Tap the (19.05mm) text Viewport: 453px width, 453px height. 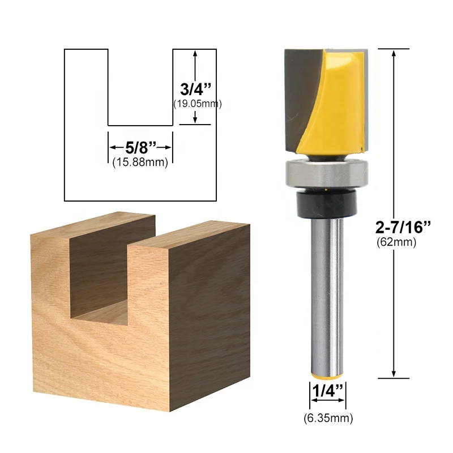click(x=196, y=104)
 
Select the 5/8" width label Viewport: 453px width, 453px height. click(x=140, y=148)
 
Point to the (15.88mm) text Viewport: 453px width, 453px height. click(x=140, y=162)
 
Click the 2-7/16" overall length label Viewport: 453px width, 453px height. click(x=403, y=227)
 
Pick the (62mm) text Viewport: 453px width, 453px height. click(x=396, y=242)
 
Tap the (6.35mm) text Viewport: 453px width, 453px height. click(x=328, y=418)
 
